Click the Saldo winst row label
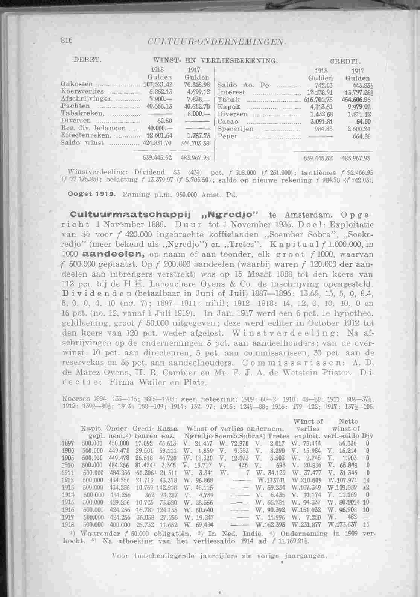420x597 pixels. tap(76, 143)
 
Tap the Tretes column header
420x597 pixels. tap(280, 437)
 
